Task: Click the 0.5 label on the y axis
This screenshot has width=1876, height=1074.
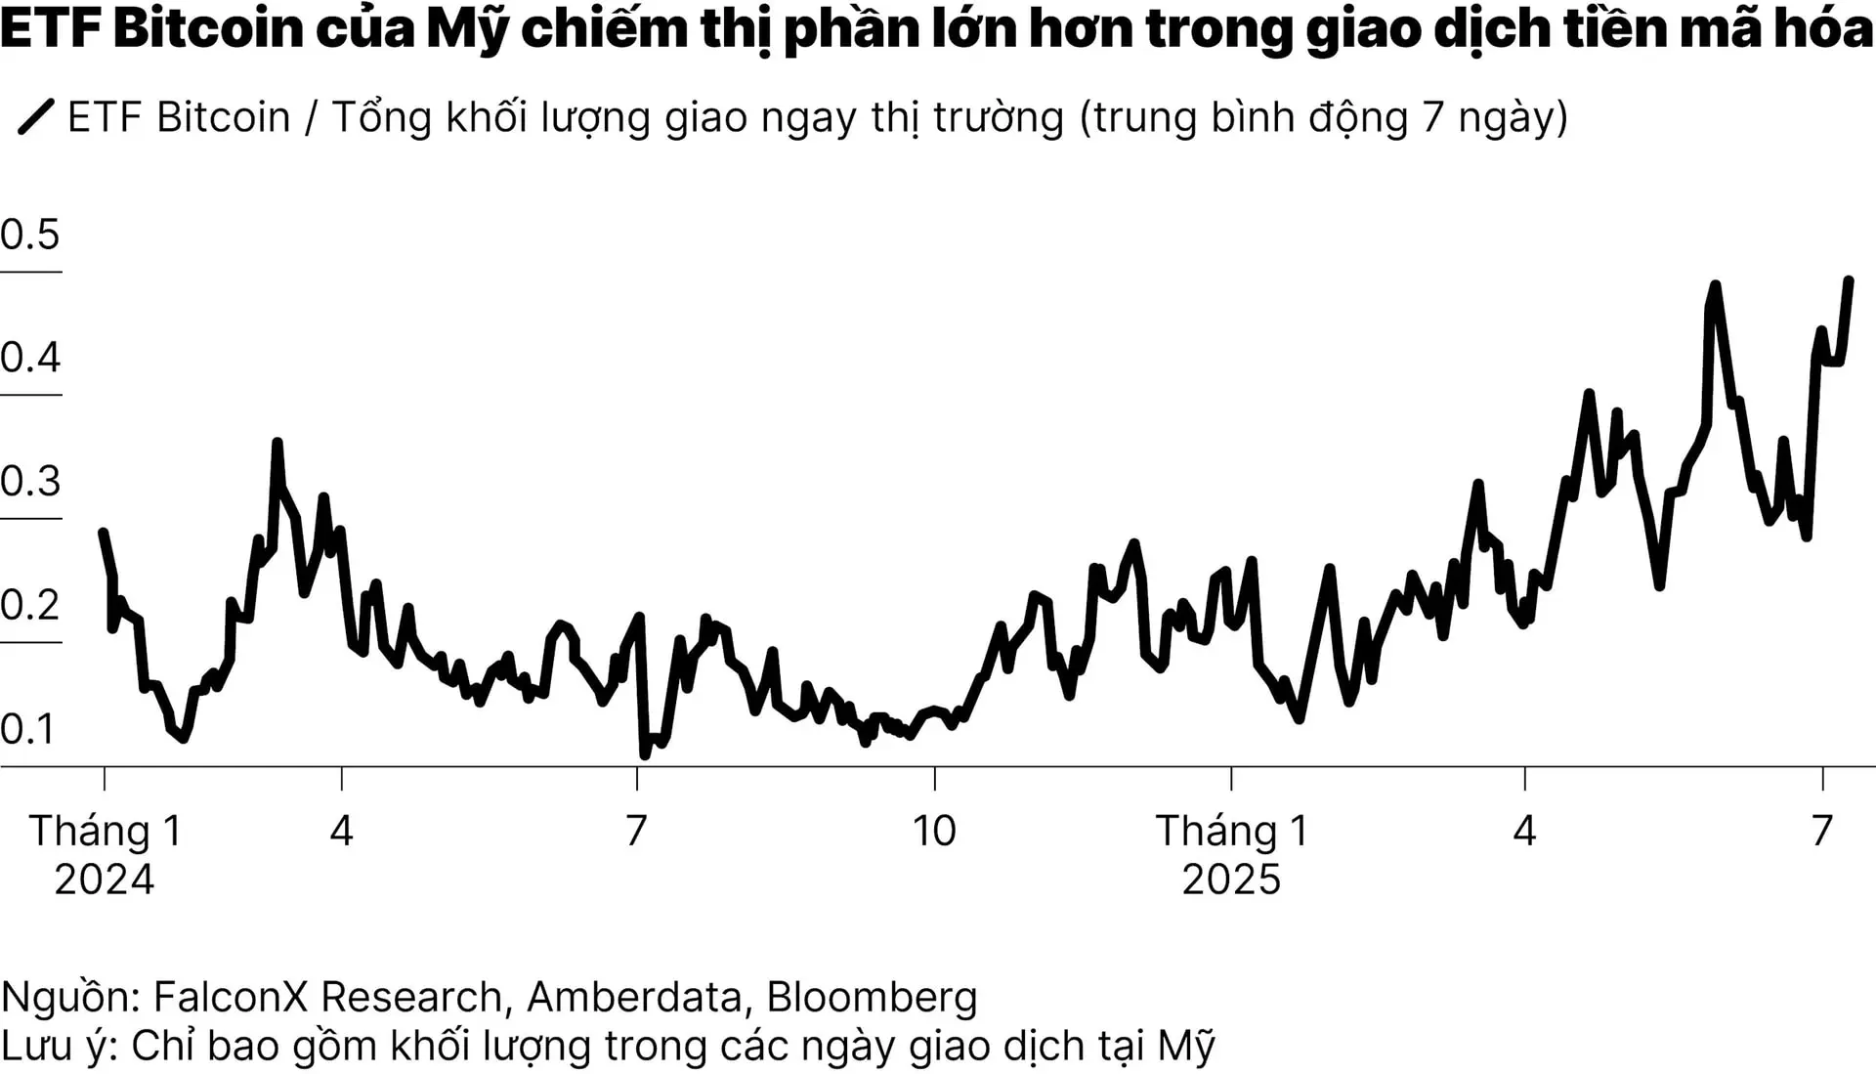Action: click(x=30, y=235)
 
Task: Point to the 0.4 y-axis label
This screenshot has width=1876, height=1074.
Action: click(x=30, y=358)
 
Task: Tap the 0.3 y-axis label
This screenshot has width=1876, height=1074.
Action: click(x=30, y=482)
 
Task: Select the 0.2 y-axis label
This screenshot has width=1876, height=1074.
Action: click(x=30, y=605)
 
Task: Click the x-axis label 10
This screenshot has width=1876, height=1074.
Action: click(x=934, y=831)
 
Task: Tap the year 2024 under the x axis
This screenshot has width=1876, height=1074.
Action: click(x=104, y=880)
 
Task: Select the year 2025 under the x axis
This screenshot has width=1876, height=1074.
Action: click(x=1231, y=880)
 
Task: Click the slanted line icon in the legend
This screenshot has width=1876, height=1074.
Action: click(x=36, y=116)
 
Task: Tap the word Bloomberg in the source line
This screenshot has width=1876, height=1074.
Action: click(x=872, y=997)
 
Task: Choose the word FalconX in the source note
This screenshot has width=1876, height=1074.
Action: click(x=231, y=997)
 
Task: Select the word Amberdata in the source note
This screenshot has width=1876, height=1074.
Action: click(x=634, y=997)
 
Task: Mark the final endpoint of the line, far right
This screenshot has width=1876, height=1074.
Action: click(x=1849, y=281)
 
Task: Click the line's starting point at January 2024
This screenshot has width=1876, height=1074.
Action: click(x=103, y=533)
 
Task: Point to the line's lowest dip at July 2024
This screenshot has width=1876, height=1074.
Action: click(x=645, y=754)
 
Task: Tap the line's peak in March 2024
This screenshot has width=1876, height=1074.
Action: click(x=277, y=443)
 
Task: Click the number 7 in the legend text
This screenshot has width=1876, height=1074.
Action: click(x=1433, y=117)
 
